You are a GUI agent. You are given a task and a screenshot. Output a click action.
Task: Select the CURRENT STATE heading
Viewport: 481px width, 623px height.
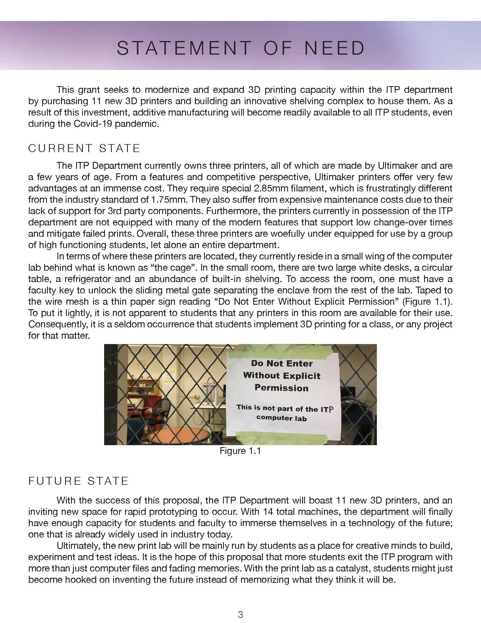click(x=84, y=148)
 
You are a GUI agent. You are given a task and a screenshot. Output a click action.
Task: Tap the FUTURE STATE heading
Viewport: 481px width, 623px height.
click(x=79, y=481)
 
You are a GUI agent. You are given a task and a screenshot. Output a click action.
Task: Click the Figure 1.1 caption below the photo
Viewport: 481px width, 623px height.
click(x=240, y=451)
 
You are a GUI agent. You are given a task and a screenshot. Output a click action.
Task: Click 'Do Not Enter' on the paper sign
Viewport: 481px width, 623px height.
click(x=282, y=363)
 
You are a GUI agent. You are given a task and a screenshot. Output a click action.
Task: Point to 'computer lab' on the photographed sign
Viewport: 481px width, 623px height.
click(x=281, y=418)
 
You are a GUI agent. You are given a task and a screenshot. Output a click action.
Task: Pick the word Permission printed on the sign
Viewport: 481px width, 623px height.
click(x=282, y=388)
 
